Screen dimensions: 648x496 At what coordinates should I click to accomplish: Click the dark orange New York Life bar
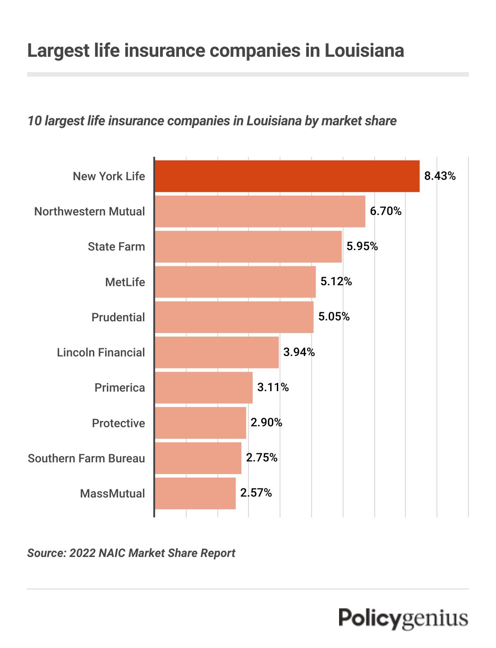[x=287, y=176]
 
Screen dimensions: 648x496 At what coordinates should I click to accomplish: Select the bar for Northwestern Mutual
[x=260, y=211]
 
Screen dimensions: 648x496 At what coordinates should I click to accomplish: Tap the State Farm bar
[x=248, y=246]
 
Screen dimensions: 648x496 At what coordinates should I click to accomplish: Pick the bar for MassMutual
[x=195, y=493]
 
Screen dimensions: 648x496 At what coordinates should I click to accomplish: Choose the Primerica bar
[x=203, y=388]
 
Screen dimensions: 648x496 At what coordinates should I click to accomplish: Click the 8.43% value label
[x=440, y=176]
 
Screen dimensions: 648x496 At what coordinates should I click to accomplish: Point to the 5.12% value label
[x=336, y=282]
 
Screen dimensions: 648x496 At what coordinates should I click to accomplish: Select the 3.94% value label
[x=299, y=352]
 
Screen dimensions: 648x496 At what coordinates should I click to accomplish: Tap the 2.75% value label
[x=262, y=458]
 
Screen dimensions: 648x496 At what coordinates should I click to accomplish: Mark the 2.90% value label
[x=266, y=423]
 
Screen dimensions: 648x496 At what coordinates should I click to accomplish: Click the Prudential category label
[x=118, y=317]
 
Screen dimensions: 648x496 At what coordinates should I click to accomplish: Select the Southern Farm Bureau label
[x=87, y=458]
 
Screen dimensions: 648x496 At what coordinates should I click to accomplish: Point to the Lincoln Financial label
[x=101, y=352]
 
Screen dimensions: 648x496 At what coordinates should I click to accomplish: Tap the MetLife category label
[x=125, y=282]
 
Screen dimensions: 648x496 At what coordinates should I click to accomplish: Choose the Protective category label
[x=119, y=423]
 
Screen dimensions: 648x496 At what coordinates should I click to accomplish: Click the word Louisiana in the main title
[x=364, y=50]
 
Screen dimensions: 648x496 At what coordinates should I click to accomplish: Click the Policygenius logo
[x=403, y=618]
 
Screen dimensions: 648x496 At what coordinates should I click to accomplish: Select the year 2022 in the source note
[x=82, y=553]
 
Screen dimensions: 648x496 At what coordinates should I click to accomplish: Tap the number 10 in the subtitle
[x=34, y=121]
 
